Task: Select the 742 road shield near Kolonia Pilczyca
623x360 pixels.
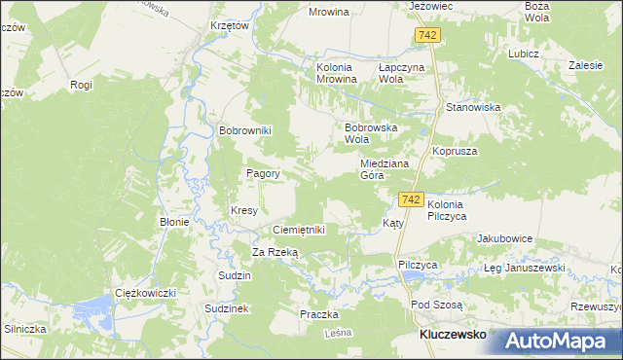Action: [410, 199]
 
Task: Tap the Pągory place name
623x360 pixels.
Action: [263, 174]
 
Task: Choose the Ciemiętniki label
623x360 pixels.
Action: [298, 230]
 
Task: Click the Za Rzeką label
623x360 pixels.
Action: [275, 252]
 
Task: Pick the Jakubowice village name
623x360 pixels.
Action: [503, 238]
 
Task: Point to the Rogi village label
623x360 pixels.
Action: [81, 85]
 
